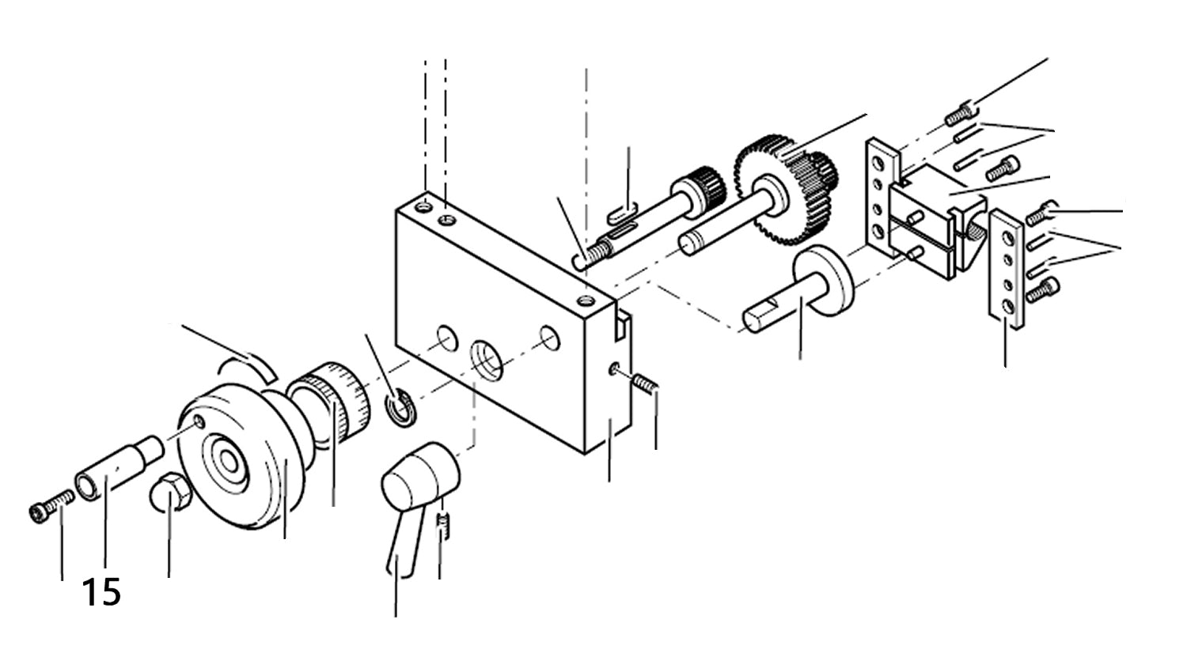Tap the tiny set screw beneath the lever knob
pos(444,525)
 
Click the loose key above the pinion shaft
pos(623,211)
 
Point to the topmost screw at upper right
pos(959,115)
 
